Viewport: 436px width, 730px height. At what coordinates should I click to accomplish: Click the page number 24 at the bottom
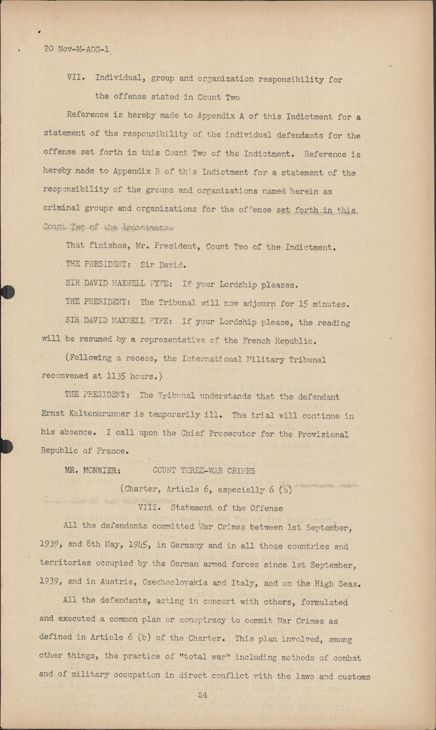click(x=203, y=695)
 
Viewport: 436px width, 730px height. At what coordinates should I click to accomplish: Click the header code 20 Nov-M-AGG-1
click(x=76, y=49)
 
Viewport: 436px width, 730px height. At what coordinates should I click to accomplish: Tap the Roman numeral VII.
click(x=76, y=78)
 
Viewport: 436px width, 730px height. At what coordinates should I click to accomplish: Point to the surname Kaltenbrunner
click(x=99, y=414)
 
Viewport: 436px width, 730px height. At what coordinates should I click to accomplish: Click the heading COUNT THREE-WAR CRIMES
click(x=204, y=471)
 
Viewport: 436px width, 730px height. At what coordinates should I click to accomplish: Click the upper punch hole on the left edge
click(x=7, y=292)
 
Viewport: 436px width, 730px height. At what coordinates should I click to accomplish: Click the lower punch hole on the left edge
click(x=6, y=446)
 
